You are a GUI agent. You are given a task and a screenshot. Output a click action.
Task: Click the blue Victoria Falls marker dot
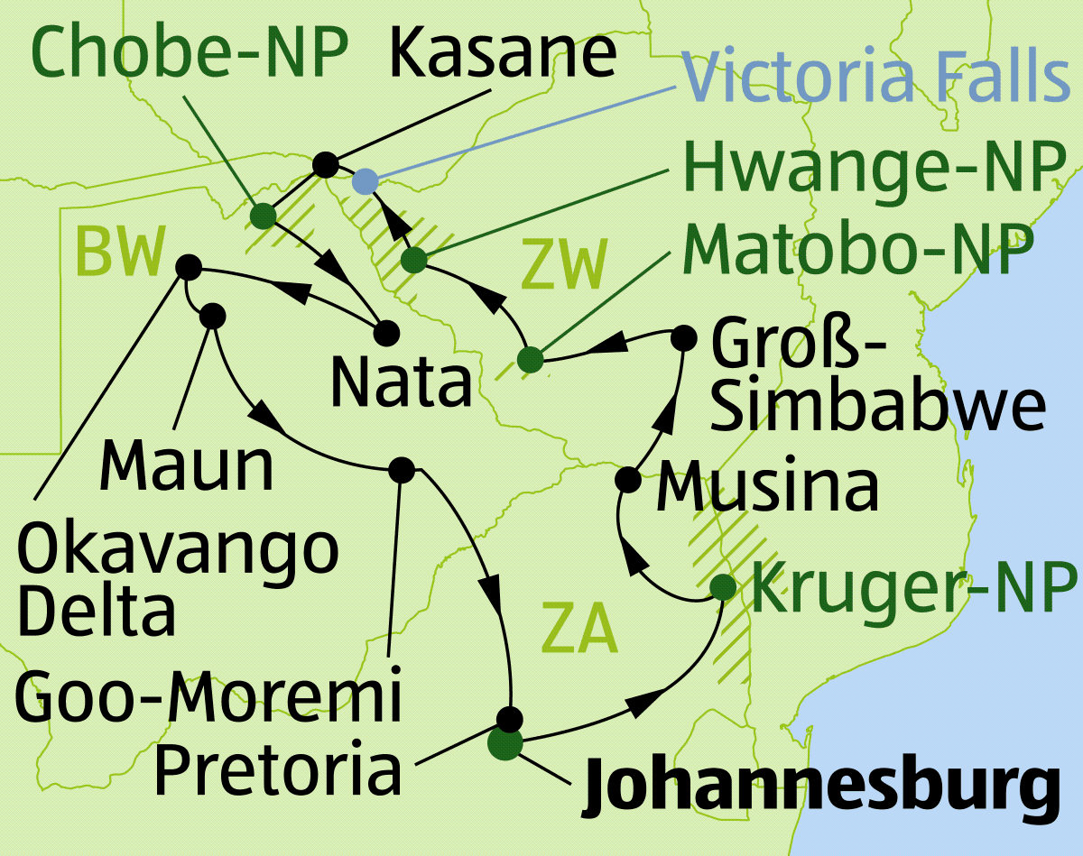tap(364, 181)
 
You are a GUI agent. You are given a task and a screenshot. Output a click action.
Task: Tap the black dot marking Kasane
tap(325, 165)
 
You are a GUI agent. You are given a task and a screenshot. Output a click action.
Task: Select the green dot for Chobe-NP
tap(263, 216)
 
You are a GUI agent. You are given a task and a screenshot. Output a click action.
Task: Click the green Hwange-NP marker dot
tap(413, 261)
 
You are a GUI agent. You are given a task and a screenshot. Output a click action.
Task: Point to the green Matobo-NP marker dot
tap(530, 359)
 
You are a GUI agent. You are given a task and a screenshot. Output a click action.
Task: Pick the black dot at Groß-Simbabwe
tap(685, 339)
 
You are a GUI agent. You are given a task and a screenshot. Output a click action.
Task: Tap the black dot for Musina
tap(628, 478)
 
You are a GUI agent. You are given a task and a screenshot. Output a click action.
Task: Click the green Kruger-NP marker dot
tap(722, 587)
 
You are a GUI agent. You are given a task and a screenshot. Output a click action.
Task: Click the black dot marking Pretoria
tap(510, 719)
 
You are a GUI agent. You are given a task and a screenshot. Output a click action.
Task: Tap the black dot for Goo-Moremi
tap(401, 470)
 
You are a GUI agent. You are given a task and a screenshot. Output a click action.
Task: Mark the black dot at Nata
tap(386, 332)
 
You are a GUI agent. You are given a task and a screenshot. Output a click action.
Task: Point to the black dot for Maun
tap(212, 316)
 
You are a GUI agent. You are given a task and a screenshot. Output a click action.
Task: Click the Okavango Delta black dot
tap(188, 267)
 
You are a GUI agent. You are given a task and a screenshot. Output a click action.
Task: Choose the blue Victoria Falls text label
tap(875, 77)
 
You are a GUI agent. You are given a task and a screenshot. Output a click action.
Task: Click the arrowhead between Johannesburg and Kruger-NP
tap(639, 705)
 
